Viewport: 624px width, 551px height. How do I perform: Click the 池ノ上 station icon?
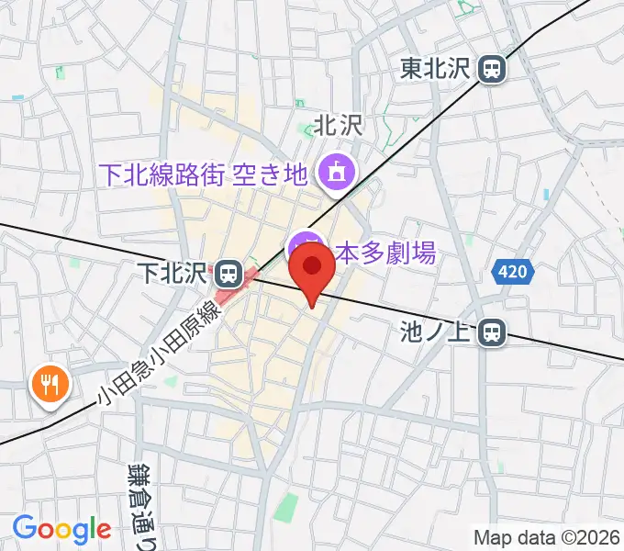[x=494, y=332]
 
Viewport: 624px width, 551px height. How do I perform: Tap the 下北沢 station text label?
[x=173, y=273]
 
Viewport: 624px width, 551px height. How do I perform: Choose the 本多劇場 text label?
[x=384, y=252]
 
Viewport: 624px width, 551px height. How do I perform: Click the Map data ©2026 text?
[x=547, y=536]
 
